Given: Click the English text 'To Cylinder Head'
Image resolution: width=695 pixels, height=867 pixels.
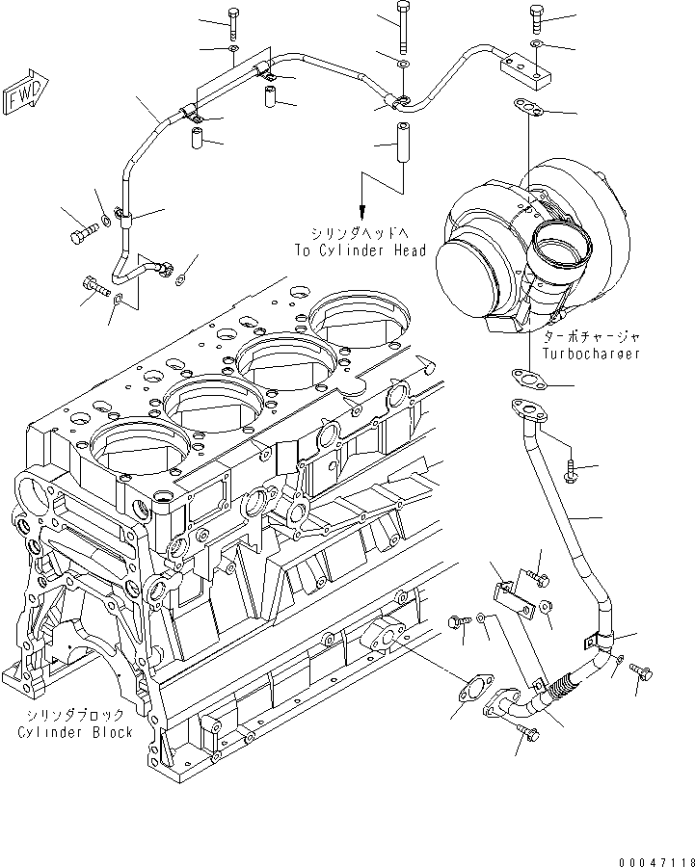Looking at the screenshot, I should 361,250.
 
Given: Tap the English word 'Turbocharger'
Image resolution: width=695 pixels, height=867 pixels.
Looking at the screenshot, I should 590,354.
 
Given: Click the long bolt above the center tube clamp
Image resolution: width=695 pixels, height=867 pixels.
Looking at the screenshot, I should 403,28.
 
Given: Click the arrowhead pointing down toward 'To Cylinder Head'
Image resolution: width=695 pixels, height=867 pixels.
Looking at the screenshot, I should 362,213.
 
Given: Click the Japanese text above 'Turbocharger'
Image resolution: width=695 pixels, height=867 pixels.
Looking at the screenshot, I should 590,338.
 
